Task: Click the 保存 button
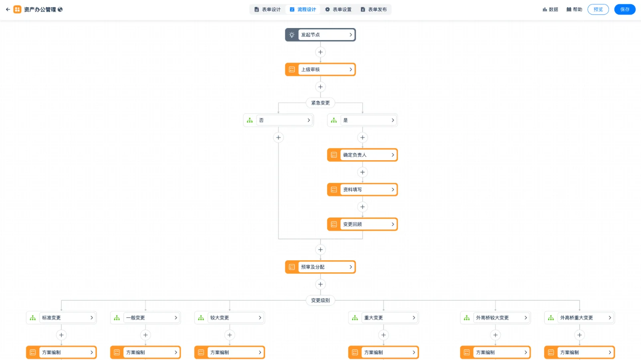point(625,10)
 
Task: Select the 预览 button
point(598,10)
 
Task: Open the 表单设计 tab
point(268,10)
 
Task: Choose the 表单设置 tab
point(338,10)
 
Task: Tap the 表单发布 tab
point(374,10)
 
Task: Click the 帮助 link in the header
point(574,10)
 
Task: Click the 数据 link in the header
point(550,10)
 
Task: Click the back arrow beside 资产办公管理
point(8,10)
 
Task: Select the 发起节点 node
point(320,34)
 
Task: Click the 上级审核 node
point(320,70)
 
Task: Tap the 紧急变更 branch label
point(320,103)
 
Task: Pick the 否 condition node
point(278,120)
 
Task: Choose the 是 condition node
point(362,120)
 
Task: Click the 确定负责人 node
point(362,155)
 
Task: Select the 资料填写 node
point(362,189)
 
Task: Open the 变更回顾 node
point(362,224)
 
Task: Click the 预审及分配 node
point(320,267)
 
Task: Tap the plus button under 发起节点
point(320,52)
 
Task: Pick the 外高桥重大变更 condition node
point(579,318)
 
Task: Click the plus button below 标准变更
point(61,335)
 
